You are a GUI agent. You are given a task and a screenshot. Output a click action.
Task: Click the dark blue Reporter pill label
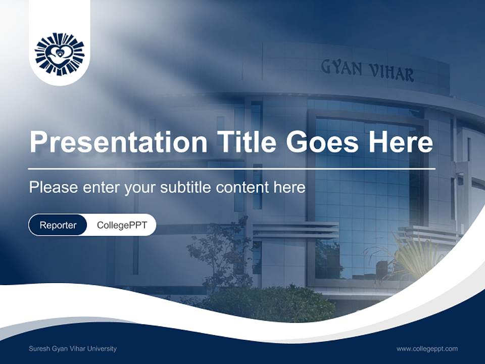[x=58, y=225]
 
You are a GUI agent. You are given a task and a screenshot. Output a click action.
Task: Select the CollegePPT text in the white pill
[x=122, y=225]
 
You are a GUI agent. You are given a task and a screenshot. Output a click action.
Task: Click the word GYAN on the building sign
[x=341, y=68]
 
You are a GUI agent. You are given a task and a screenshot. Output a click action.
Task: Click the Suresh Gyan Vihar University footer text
[x=73, y=349]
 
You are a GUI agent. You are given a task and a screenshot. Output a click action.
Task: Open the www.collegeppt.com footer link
[x=427, y=349]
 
